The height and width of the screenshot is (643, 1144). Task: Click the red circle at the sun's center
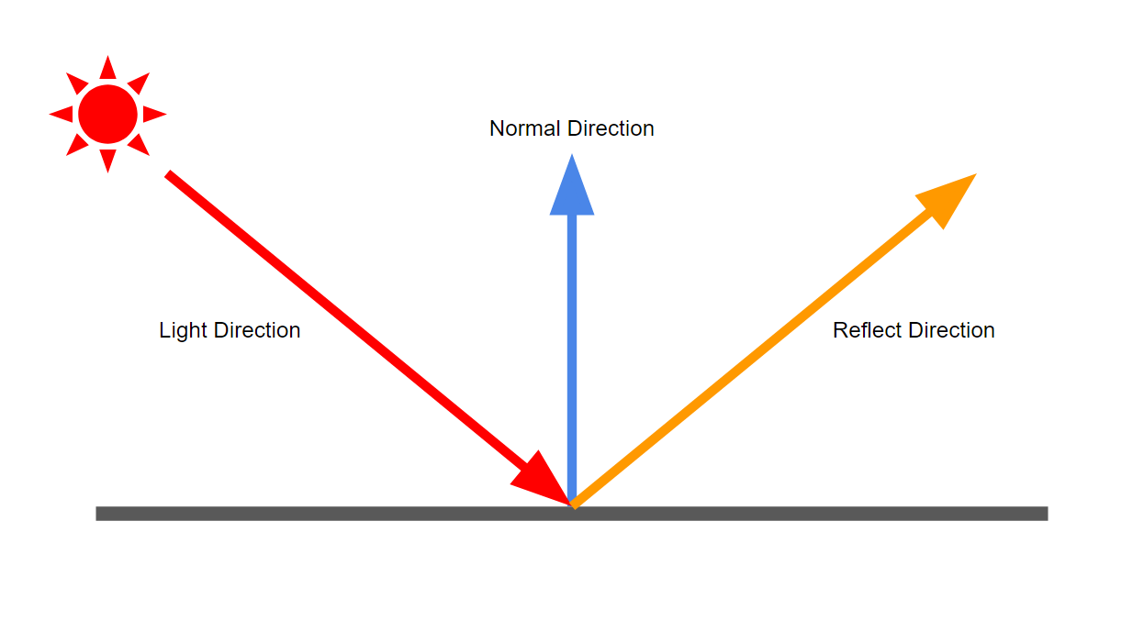(107, 115)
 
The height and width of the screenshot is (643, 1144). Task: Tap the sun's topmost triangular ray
(107, 69)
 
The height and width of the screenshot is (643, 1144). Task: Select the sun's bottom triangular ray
(107, 161)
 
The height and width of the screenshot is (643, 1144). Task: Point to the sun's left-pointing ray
(62, 115)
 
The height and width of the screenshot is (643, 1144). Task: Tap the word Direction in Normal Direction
(611, 128)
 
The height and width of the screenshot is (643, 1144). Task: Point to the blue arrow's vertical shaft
(572, 358)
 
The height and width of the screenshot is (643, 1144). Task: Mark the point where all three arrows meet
(573, 504)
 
